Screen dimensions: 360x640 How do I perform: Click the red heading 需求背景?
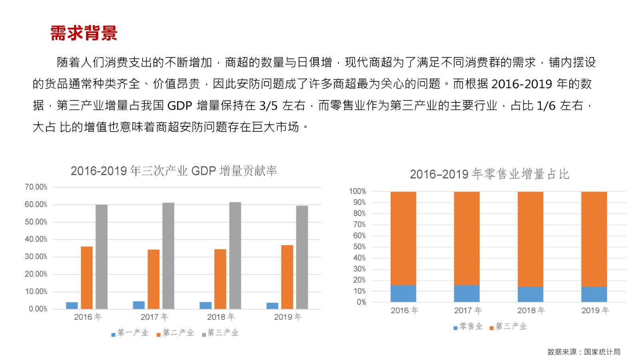pyautogui.click(x=84, y=33)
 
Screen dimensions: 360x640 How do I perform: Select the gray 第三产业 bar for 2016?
pyautogui.click(x=101, y=257)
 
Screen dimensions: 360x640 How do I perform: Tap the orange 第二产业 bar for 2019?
pyautogui.click(x=287, y=277)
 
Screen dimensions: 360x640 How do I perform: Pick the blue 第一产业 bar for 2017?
pyautogui.click(x=139, y=305)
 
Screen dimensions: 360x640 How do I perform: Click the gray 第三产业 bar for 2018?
pyautogui.click(x=235, y=256)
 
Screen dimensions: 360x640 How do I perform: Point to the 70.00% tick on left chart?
pyautogui.click(x=36, y=187)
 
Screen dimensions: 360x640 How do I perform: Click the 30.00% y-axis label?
pyautogui.click(x=36, y=257)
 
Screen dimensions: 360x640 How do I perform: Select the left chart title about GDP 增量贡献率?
pyautogui.click(x=174, y=171)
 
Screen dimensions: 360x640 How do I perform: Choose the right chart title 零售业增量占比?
pyautogui.click(x=489, y=174)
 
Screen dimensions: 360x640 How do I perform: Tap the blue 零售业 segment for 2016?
pyautogui.click(x=403, y=294)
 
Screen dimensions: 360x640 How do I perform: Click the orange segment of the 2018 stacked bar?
pyautogui.click(x=530, y=239)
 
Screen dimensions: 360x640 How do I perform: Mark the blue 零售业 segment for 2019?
pyautogui.click(x=594, y=294)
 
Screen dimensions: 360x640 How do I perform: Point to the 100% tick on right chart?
pyautogui.click(x=357, y=192)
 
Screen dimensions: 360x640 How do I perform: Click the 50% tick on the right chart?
pyautogui.click(x=359, y=247)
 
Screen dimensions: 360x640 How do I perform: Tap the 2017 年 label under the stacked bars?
pyautogui.click(x=468, y=311)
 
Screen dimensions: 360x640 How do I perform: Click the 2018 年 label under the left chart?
pyautogui.click(x=221, y=317)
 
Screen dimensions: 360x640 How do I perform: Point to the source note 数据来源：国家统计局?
pyautogui.click(x=584, y=352)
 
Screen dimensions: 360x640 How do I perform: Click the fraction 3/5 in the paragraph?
pyautogui.click(x=268, y=106)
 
